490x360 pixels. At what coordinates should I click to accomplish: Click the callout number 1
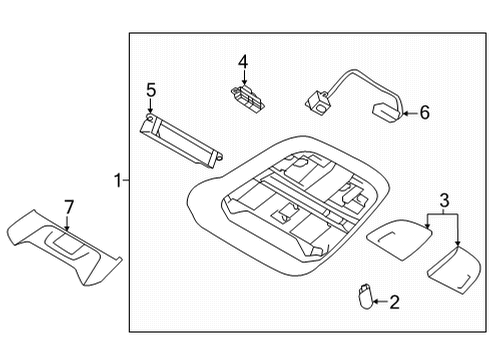coord(117,181)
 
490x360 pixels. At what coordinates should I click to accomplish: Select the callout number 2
coord(394,300)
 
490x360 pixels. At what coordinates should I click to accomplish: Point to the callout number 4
coord(243,62)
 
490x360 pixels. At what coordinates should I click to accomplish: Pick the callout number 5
coord(150,91)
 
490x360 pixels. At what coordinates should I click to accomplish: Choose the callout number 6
coord(423,113)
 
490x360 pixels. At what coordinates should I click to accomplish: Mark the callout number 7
coord(68,207)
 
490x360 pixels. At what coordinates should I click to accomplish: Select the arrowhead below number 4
coord(243,81)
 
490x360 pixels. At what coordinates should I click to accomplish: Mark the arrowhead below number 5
coord(150,112)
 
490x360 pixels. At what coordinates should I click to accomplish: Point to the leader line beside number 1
coord(126,181)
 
